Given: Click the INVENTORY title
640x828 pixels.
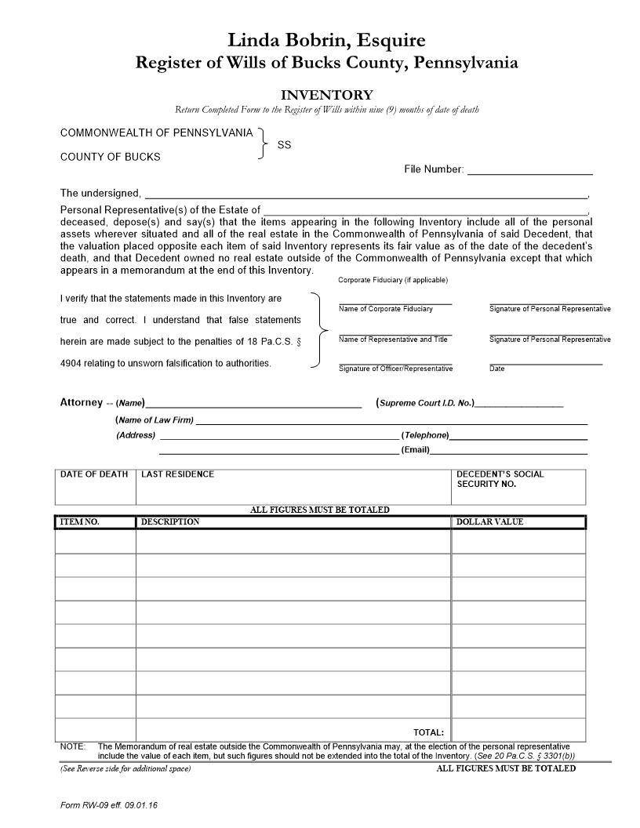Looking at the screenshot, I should [x=326, y=95].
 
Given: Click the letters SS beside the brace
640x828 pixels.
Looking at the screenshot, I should [x=284, y=145].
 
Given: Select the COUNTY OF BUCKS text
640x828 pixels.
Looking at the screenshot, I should [x=110, y=157].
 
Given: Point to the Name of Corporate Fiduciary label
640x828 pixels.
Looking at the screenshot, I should [x=385, y=309].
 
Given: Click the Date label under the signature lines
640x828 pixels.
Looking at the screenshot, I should [x=497, y=369].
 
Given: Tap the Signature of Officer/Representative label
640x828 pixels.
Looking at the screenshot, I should [x=395, y=369].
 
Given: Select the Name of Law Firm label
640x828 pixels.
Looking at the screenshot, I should [x=155, y=420].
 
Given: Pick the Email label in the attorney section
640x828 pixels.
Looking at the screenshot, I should [x=415, y=451].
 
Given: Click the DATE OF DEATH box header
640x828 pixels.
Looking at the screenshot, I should [x=94, y=474].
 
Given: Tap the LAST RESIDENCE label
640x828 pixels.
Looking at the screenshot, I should [x=177, y=474].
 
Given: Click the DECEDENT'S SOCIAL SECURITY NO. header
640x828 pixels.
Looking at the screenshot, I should [x=500, y=479].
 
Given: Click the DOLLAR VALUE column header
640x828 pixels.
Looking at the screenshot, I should [x=489, y=522].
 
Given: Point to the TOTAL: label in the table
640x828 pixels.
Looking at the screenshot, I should [x=429, y=732].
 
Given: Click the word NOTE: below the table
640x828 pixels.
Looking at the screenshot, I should [x=72, y=746].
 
